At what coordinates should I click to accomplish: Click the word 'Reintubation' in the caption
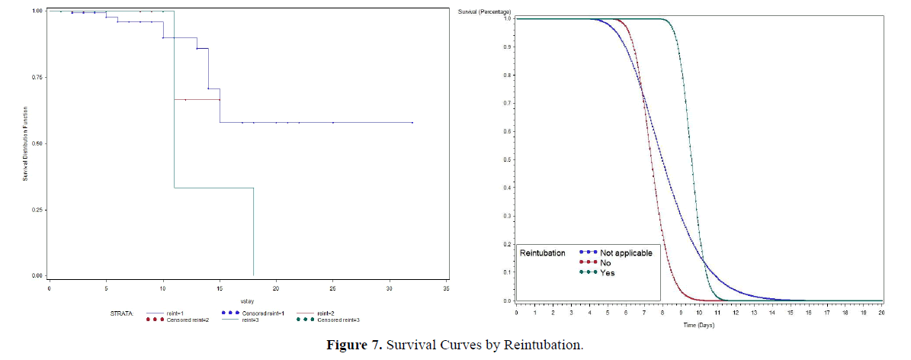[546, 346]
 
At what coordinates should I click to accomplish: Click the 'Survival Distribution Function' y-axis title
[24, 143]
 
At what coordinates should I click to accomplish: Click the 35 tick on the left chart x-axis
[447, 289]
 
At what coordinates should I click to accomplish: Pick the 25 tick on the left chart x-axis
[333, 289]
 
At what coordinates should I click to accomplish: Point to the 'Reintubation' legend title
[542, 252]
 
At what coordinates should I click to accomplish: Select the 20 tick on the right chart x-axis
[881, 313]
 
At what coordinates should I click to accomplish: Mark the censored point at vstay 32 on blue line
[412, 122]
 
